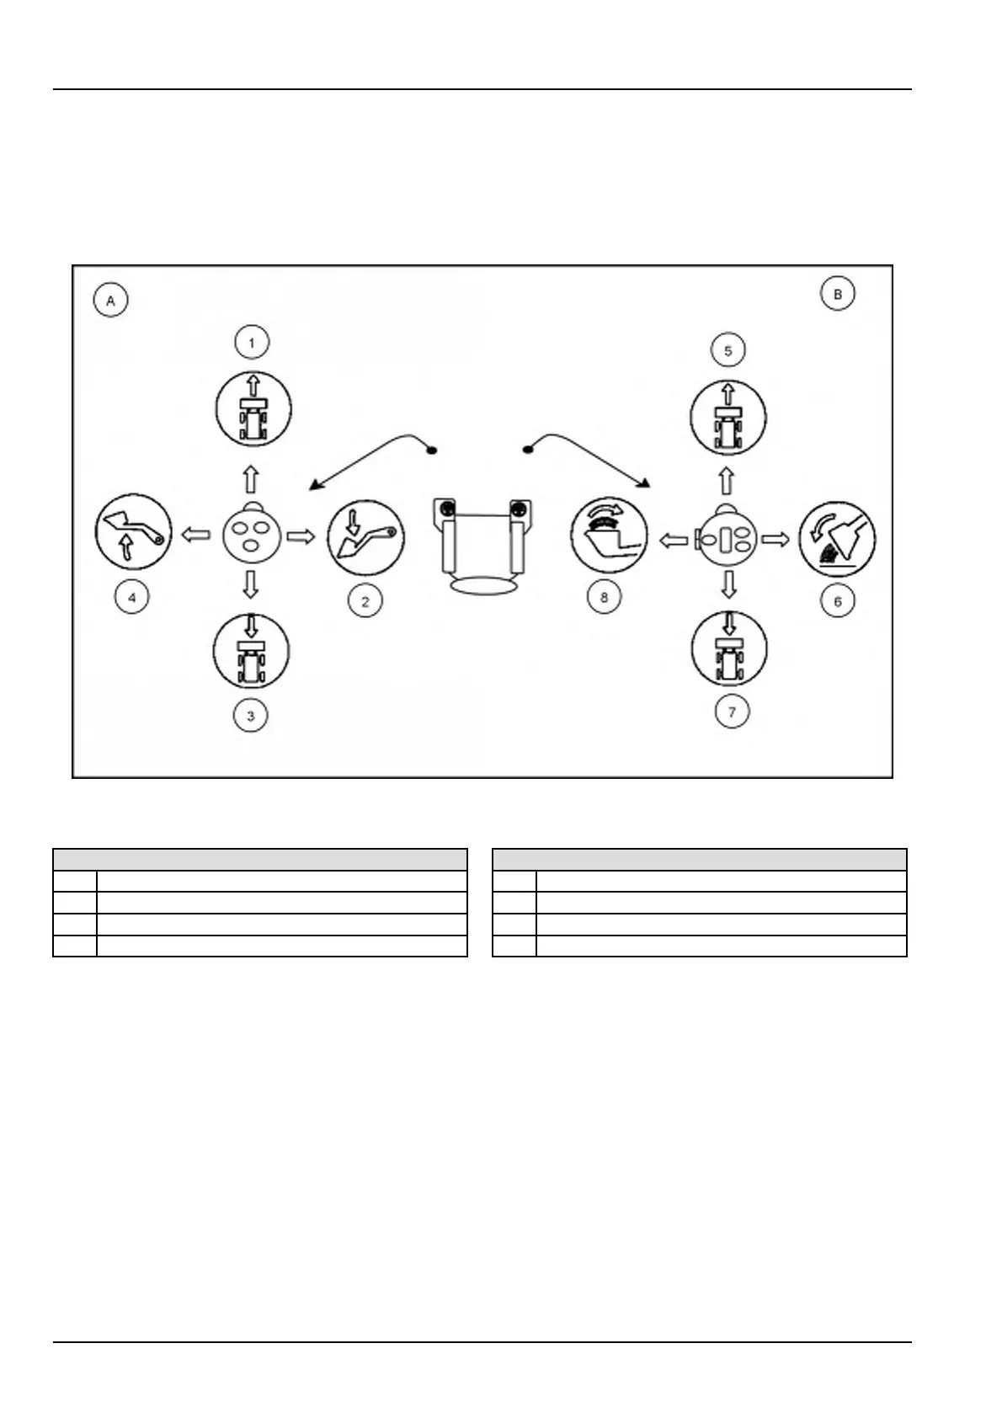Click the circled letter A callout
[x=110, y=300]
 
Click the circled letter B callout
[x=837, y=294]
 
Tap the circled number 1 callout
[x=251, y=342]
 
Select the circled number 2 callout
[x=365, y=601]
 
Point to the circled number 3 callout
[x=250, y=716]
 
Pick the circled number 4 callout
[x=131, y=598]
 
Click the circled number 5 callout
[x=728, y=349]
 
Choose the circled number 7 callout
[x=731, y=712]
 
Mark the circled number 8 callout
[x=604, y=598]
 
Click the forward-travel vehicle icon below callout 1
[x=253, y=409]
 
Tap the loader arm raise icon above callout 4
[x=133, y=533]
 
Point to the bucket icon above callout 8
[x=609, y=534]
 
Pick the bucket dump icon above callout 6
[x=837, y=538]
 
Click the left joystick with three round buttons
[x=250, y=534]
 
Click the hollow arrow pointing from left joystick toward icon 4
[x=196, y=534]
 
